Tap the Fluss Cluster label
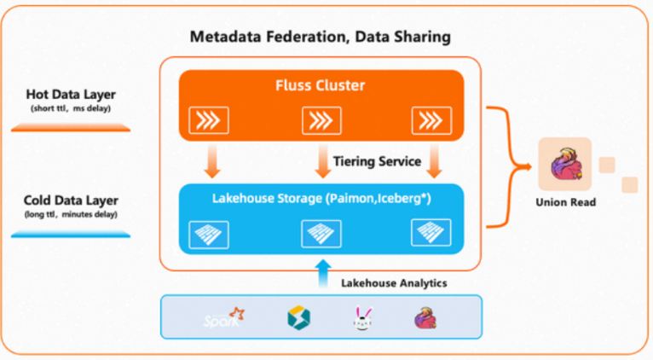click(x=321, y=87)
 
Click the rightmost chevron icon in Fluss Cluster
click(x=431, y=120)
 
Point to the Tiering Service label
click(x=376, y=161)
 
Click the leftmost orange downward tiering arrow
click(x=210, y=160)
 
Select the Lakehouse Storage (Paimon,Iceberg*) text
click(x=321, y=199)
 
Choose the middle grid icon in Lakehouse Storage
click(x=321, y=233)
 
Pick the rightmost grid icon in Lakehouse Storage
click(x=431, y=233)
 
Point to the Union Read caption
click(x=566, y=202)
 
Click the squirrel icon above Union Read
click(x=566, y=164)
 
